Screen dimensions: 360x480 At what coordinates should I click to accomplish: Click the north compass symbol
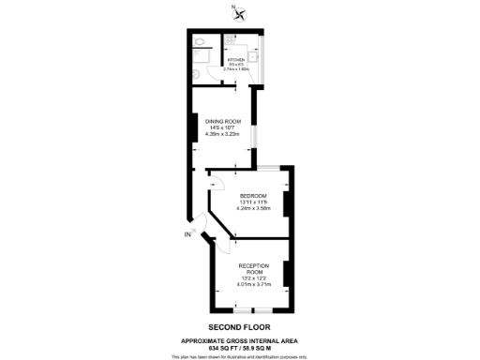240,13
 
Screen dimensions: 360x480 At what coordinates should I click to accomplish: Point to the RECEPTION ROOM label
247,269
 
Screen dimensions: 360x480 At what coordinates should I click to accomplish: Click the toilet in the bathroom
201,43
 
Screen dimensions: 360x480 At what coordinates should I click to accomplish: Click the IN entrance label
187,235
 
